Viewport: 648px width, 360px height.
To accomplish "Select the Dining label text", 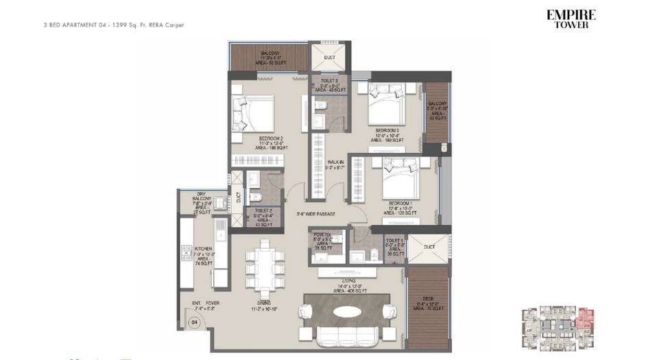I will point(264,305).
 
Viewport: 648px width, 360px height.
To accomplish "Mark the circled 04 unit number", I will point(195,322).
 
